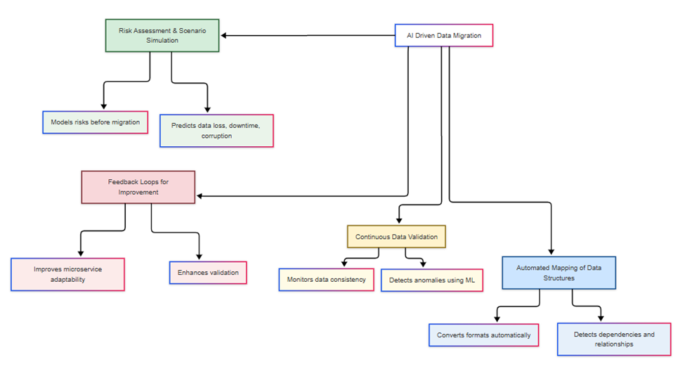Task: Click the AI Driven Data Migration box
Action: [x=443, y=36]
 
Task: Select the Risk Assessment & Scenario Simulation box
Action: [x=162, y=36]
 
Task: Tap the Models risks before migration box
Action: [x=95, y=122]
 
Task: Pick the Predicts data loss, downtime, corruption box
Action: [x=216, y=131]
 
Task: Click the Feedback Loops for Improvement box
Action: [x=138, y=187]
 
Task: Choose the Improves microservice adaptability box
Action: [x=68, y=274]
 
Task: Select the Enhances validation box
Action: [x=208, y=273]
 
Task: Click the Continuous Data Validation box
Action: [x=396, y=237]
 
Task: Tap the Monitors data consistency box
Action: [x=326, y=280]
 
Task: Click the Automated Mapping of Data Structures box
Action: [x=559, y=273]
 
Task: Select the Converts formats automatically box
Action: [x=483, y=335]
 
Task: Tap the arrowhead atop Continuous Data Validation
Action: [x=399, y=221]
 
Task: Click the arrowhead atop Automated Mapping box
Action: [x=550, y=252]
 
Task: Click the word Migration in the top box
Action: [x=467, y=36]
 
